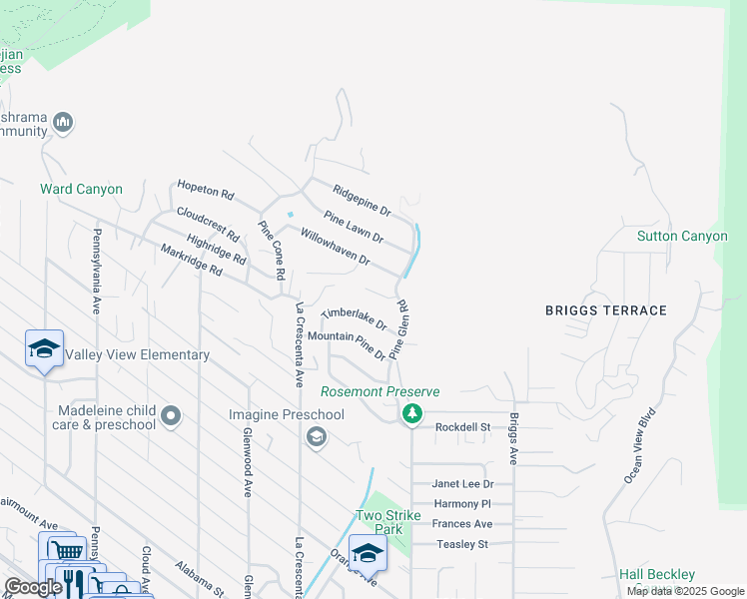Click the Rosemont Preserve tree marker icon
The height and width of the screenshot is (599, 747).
click(410, 412)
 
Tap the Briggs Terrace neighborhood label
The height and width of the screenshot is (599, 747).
click(605, 310)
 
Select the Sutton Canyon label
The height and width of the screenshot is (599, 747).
click(682, 236)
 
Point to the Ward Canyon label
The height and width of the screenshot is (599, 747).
click(81, 189)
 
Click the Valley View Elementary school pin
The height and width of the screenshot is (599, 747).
click(44, 349)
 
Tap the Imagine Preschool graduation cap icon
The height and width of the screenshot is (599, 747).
click(317, 436)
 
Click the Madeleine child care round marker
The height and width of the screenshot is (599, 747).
click(171, 414)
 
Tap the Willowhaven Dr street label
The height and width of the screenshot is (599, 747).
click(336, 246)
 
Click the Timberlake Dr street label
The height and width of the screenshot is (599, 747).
click(354, 318)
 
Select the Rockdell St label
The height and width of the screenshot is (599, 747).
click(463, 427)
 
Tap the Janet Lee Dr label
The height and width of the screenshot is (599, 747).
click(462, 484)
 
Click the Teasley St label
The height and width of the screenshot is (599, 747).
click(462, 544)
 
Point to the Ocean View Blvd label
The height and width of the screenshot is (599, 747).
click(640, 445)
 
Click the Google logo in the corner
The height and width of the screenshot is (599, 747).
click(33, 587)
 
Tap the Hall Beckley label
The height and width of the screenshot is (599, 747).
click(656, 574)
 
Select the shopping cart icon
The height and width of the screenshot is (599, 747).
click(66, 551)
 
